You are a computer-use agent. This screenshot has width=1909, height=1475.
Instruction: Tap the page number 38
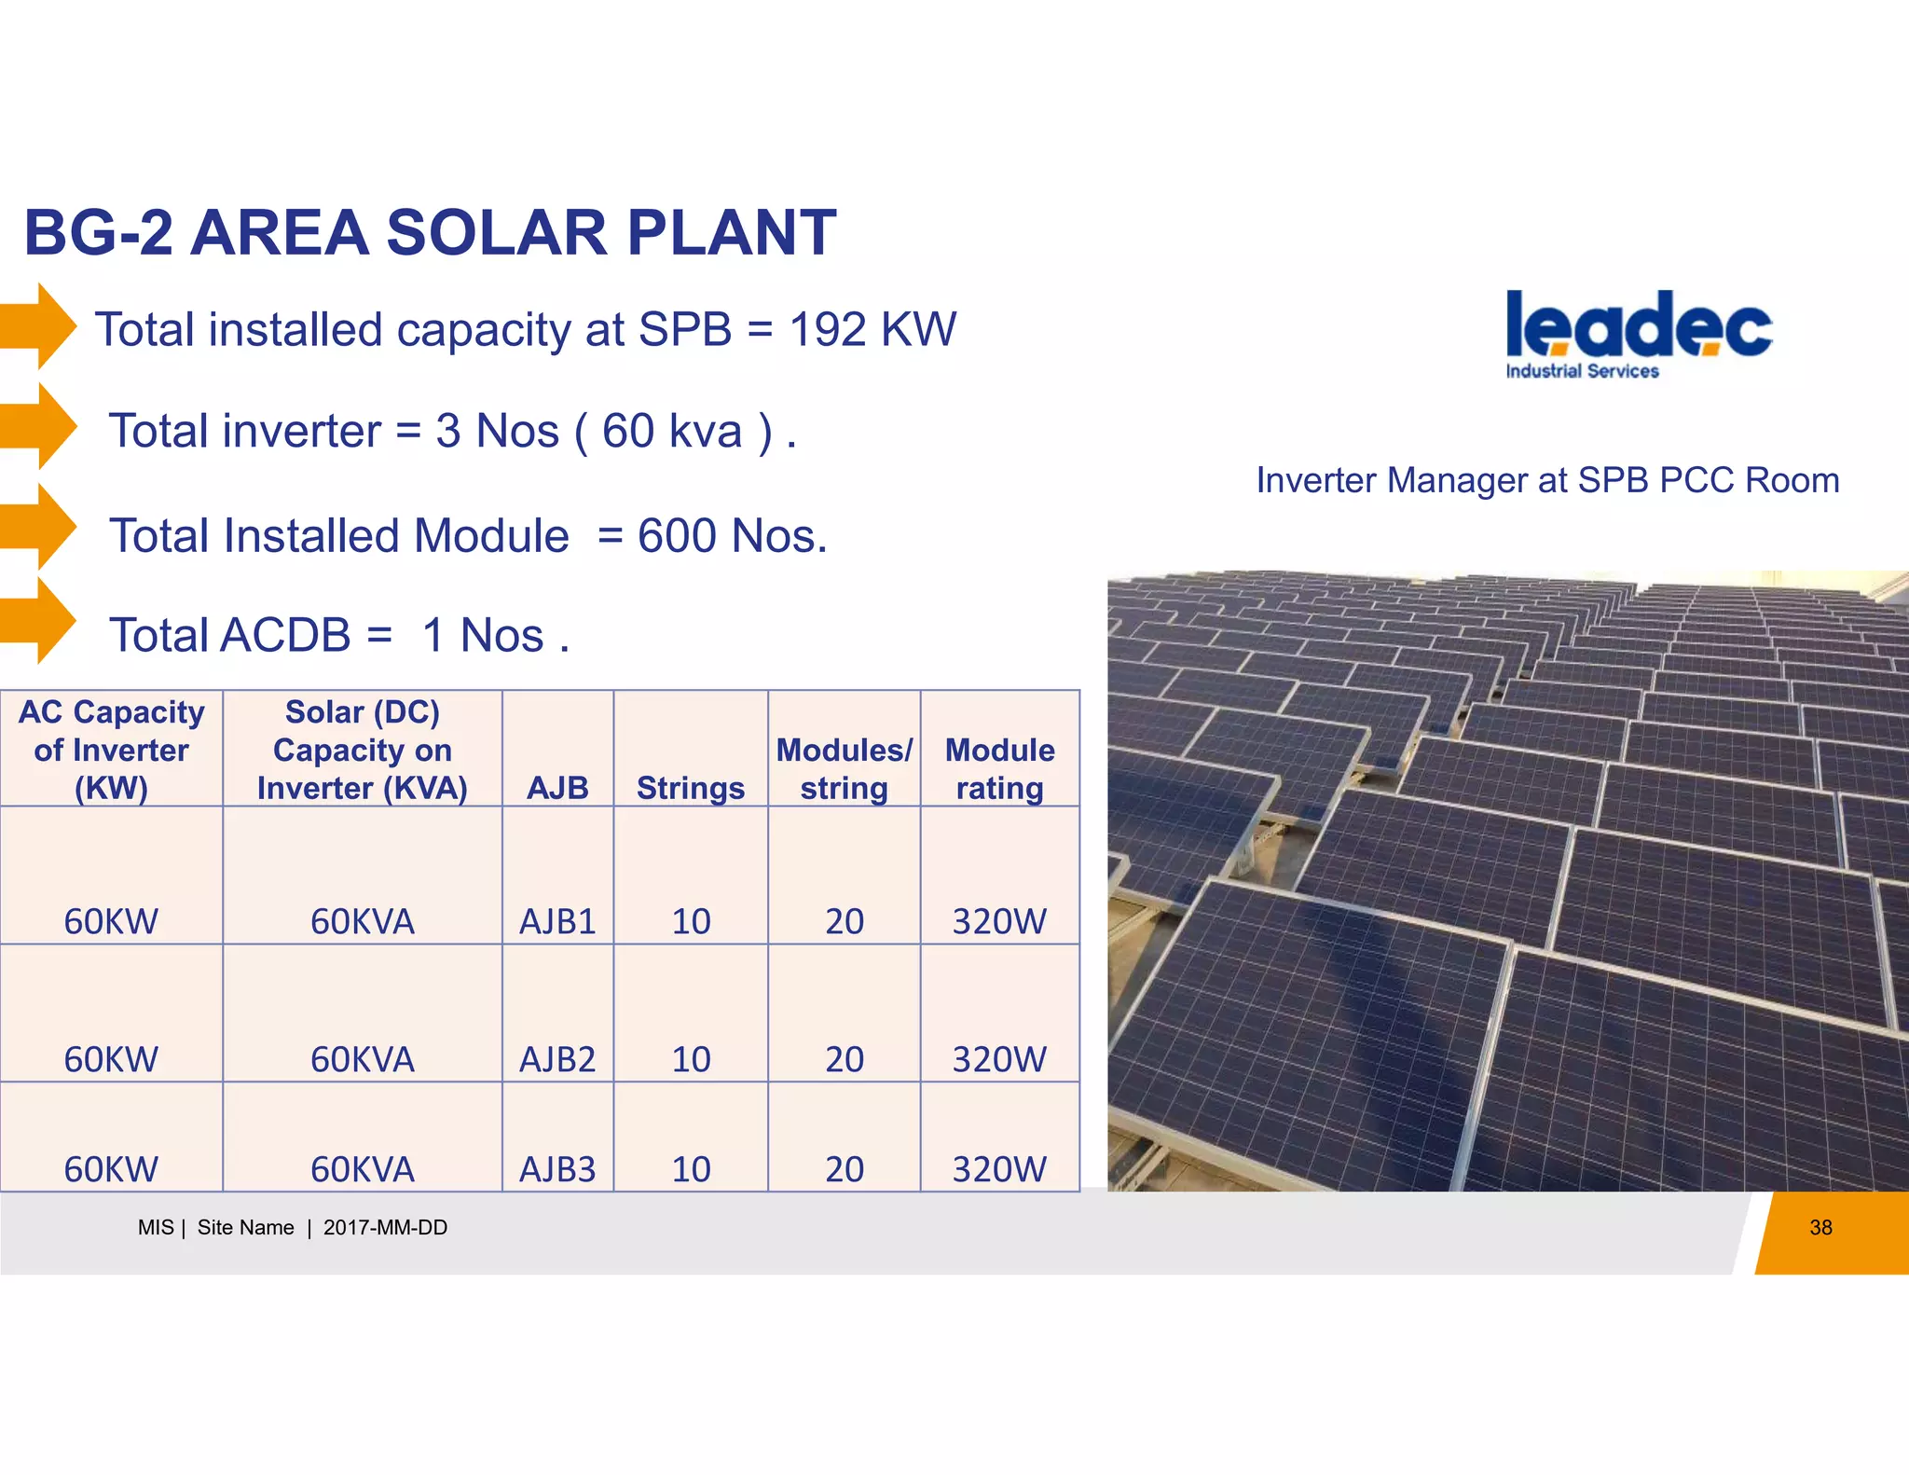pyautogui.click(x=1820, y=1228)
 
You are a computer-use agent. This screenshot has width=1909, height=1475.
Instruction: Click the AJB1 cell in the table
pyautogui.click(x=557, y=921)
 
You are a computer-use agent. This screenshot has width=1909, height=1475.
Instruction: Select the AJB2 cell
pyautogui.click(x=557, y=1059)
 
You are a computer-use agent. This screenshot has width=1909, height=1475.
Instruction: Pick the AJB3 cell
pyautogui.click(x=557, y=1169)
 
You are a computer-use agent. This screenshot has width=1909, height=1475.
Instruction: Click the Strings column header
pyautogui.click(x=691, y=789)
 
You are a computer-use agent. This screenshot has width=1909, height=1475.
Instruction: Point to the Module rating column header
pyautogui.click(x=999, y=769)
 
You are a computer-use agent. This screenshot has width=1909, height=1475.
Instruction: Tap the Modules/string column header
pyautogui.click(x=845, y=769)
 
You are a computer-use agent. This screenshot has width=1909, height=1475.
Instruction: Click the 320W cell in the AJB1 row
pyautogui.click(x=999, y=921)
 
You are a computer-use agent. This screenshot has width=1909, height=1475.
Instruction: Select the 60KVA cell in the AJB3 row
pyautogui.click(x=363, y=1169)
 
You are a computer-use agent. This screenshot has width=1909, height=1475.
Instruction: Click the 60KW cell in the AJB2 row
pyautogui.click(x=111, y=1059)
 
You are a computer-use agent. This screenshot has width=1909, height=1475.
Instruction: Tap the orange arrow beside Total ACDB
pyautogui.click(x=42, y=620)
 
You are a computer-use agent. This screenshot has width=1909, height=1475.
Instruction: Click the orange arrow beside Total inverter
pyautogui.click(x=42, y=426)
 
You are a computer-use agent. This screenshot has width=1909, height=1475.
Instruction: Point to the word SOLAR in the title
pyautogui.click(x=496, y=232)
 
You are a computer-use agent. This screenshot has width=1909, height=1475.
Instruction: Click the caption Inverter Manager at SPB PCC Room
pyautogui.click(x=1547, y=480)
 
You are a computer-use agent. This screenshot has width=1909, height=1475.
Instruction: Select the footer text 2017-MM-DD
pyautogui.click(x=385, y=1228)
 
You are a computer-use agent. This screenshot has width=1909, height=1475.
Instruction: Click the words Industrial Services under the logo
pyautogui.click(x=1582, y=371)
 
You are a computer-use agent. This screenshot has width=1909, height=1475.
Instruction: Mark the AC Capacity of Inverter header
pyautogui.click(x=111, y=750)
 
